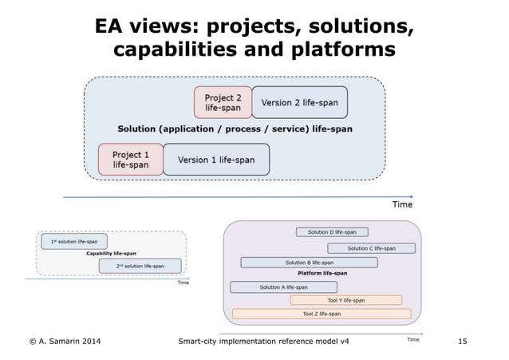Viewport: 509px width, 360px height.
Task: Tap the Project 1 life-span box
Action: coord(130,160)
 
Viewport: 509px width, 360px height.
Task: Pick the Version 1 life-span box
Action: coord(216,160)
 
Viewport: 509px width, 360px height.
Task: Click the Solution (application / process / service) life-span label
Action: coord(235,128)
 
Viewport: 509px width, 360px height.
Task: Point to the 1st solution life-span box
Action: coord(73,241)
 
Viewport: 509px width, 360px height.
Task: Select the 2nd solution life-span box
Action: coord(140,266)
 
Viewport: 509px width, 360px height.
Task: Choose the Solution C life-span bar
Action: coord(371,248)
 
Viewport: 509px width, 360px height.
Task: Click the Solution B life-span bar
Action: coord(309,262)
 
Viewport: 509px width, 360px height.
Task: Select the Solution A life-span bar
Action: coord(282,287)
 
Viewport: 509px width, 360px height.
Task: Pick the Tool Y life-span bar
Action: coord(345,300)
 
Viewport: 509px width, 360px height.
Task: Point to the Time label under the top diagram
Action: coord(402,204)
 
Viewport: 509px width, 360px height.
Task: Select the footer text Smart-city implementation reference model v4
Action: coord(264,342)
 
